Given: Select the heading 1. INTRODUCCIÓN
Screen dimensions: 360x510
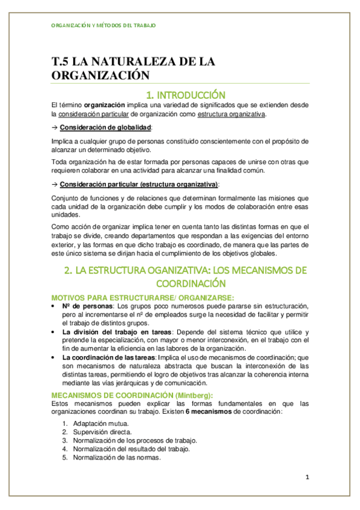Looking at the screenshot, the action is [x=186, y=95].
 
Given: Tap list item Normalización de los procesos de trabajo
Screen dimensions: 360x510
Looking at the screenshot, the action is [x=135, y=440].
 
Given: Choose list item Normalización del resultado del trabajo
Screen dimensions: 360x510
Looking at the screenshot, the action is [x=131, y=449].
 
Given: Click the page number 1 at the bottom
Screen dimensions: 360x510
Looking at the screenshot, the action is [x=307, y=478].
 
